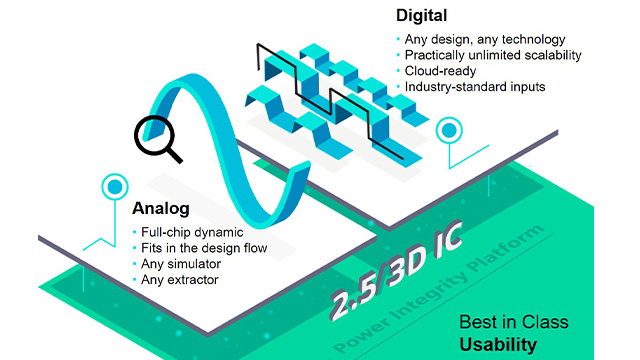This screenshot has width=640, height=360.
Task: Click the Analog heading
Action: click(x=162, y=209)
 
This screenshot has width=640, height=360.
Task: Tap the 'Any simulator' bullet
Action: click(x=181, y=263)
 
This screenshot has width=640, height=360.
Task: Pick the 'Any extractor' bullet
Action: click(x=180, y=279)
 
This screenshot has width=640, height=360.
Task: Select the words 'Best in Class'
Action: click(x=513, y=322)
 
